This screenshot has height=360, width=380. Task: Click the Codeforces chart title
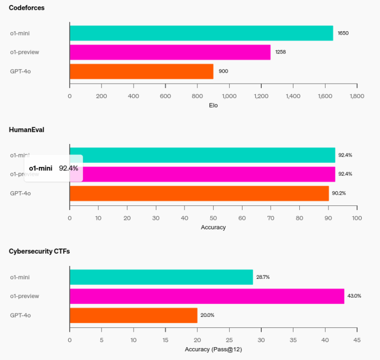click(26, 8)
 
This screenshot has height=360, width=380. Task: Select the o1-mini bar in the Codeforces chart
click(201, 33)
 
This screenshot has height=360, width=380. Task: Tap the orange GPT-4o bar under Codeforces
click(141, 71)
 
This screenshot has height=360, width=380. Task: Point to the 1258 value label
click(281, 52)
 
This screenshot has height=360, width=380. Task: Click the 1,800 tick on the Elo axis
click(357, 96)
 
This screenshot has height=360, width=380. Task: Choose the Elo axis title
click(213, 105)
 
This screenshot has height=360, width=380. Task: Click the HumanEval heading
click(27, 130)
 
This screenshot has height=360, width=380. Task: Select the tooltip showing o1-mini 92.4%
click(53, 168)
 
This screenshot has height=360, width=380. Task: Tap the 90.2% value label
click(339, 193)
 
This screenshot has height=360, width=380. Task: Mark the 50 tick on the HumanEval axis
click(213, 218)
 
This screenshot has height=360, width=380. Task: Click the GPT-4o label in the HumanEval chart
click(20, 193)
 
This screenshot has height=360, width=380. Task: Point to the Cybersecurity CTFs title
click(39, 252)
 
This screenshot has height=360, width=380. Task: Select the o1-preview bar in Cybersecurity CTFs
click(206, 296)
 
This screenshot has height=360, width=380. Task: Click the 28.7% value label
click(263, 277)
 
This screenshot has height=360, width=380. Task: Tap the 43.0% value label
click(354, 296)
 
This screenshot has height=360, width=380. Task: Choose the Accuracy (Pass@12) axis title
click(213, 349)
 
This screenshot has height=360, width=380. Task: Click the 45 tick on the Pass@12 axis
click(357, 340)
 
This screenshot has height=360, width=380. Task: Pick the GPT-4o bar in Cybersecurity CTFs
click(133, 315)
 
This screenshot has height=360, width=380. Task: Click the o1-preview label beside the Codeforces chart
click(24, 52)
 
